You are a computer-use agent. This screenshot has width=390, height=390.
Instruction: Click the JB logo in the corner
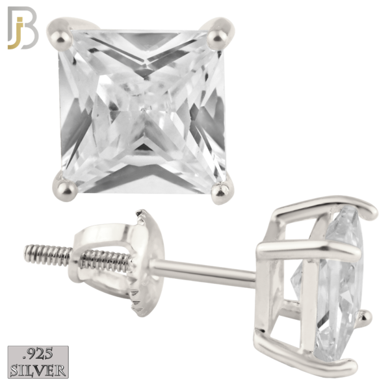(23, 27)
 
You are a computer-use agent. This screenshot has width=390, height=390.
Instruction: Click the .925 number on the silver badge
(38, 354)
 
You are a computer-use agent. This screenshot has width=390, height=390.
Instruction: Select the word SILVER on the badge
(38, 370)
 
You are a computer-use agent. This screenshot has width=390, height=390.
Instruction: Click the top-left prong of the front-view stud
(60, 34)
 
